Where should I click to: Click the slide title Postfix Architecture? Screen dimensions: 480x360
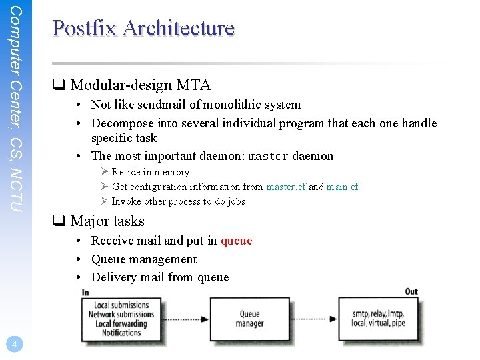(143, 29)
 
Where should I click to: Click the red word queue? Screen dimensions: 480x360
(236, 241)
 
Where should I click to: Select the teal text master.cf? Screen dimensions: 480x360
(286, 187)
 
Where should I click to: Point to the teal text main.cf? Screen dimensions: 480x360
(342, 187)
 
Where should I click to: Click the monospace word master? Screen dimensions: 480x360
(268, 157)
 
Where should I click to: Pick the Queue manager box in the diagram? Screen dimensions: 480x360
(249, 319)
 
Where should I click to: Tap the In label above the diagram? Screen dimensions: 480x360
(85, 292)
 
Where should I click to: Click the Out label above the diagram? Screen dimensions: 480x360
(411, 292)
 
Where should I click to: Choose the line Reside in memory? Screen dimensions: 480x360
(150, 172)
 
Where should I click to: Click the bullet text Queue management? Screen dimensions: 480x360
(143, 259)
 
